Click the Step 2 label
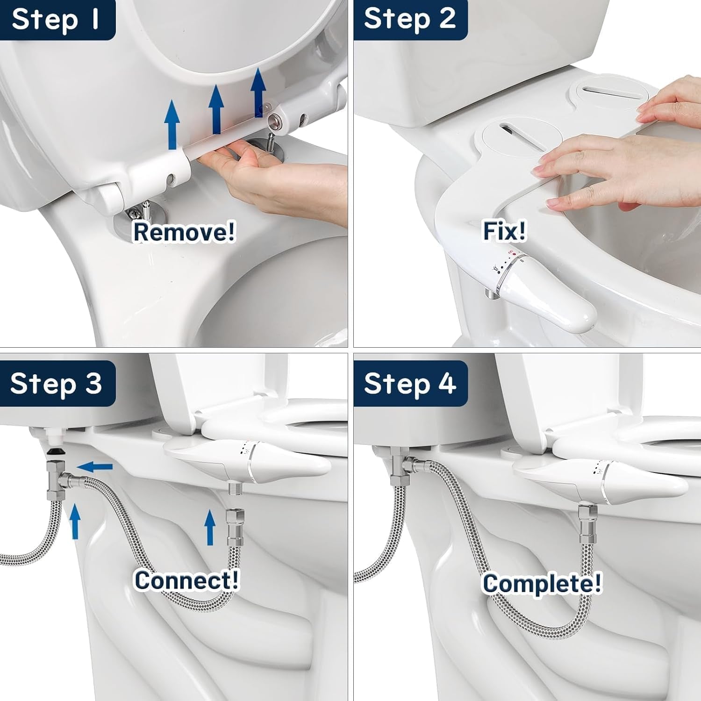(410, 20)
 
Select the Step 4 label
(410, 384)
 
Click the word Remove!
(184, 231)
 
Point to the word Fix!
(504, 230)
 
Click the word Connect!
(186, 580)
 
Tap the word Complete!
(542, 583)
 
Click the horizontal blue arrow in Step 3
(94, 466)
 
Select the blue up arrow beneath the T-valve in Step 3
(75, 522)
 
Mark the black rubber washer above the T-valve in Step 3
(57, 451)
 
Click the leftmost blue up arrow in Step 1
(172, 124)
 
